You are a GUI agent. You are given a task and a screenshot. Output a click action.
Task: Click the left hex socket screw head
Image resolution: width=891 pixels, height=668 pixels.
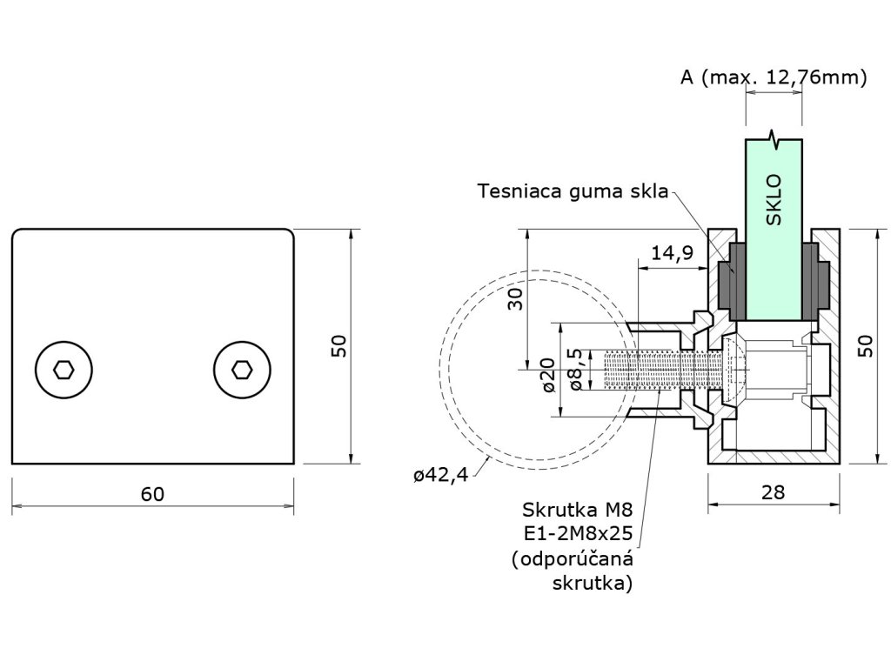coord(63,370)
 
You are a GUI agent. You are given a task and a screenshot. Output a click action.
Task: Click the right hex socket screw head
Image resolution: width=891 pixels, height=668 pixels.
coord(240,370)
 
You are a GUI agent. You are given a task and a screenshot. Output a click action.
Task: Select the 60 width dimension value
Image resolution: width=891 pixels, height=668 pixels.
coord(152,494)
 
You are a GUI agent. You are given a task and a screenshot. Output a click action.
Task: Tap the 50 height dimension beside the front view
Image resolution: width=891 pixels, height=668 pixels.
coord(339,346)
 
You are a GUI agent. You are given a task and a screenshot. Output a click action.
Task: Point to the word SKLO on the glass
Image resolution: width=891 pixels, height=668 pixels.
coord(774,201)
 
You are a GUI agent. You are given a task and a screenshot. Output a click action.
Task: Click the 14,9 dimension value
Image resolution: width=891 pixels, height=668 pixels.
coord(672,253)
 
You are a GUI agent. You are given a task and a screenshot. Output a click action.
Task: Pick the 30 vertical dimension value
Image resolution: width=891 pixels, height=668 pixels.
coord(515,299)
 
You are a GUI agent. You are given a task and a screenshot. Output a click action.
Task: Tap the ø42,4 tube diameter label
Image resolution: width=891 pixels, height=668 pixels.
coord(442,474)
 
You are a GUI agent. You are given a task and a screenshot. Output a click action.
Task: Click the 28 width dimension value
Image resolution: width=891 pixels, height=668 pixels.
coord(772,492)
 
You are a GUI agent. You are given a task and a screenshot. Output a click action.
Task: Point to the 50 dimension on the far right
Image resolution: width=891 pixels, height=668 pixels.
coord(864,346)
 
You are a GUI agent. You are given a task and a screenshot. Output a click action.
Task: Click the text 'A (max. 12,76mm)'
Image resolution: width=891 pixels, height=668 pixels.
coord(774,77)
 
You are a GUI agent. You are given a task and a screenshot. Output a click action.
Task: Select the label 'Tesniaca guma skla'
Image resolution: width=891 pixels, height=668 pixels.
coord(573,191)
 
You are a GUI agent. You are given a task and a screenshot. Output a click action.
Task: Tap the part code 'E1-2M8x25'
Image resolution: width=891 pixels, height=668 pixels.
coord(577,533)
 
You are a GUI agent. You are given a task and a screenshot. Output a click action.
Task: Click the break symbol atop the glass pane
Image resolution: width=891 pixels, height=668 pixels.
coord(774,137)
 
